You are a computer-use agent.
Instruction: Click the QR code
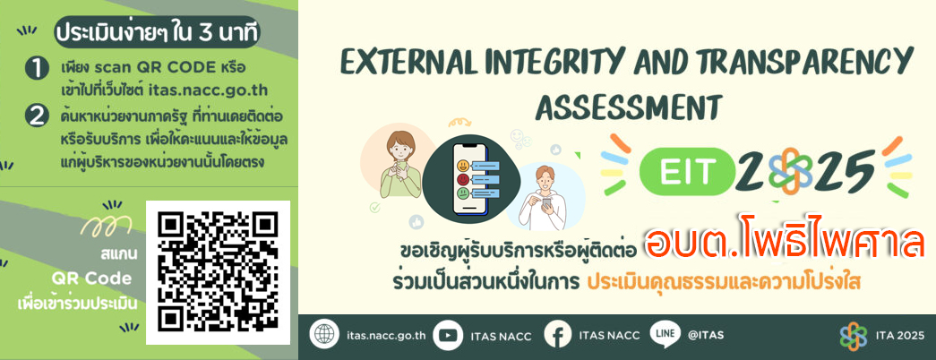click(x=218, y=272)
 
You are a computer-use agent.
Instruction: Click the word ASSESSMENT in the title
click(x=629, y=108)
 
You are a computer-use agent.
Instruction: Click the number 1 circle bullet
click(x=37, y=69)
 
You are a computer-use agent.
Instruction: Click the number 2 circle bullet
click(x=37, y=116)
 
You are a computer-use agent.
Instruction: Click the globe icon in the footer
click(x=324, y=335)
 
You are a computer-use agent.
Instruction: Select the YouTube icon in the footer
click(x=448, y=335)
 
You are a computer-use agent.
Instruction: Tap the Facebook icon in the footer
click(x=558, y=335)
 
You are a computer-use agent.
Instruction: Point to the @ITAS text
click(x=706, y=335)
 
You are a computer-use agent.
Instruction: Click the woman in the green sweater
click(x=400, y=165)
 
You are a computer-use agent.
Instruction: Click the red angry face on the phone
click(x=462, y=179)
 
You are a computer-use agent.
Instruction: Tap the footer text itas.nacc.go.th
click(x=386, y=335)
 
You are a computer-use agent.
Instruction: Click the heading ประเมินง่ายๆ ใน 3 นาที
click(x=156, y=33)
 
